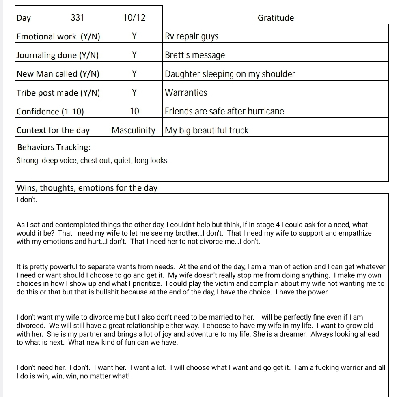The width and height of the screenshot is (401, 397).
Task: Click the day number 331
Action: [x=78, y=17]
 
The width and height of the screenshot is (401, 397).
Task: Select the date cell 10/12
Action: [x=134, y=17]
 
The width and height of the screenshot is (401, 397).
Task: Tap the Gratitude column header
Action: [x=276, y=18]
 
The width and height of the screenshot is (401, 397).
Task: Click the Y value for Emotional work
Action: [x=134, y=36]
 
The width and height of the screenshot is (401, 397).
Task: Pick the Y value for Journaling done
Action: [x=134, y=55]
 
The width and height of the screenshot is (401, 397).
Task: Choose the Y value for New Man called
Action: [x=134, y=74]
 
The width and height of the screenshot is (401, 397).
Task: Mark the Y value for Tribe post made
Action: [x=134, y=92]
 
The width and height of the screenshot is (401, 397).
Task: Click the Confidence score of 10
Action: [x=134, y=111]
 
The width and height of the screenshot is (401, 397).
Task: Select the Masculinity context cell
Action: [x=134, y=130]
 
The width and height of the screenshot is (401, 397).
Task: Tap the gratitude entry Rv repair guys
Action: [x=192, y=36]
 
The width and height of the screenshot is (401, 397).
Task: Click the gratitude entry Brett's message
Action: [x=195, y=55]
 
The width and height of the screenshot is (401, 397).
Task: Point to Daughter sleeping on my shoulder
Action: [x=230, y=74]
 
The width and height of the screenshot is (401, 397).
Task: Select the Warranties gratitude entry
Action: [x=186, y=92]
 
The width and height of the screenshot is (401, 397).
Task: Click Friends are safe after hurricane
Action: [x=224, y=111]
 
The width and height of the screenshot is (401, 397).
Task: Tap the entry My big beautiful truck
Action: [x=207, y=131]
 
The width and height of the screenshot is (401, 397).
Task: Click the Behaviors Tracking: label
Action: [x=54, y=147]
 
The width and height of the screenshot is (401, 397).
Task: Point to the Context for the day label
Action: [x=53, y=130]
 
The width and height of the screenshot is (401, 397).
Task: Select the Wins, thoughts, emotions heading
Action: [x=87, y=188]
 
